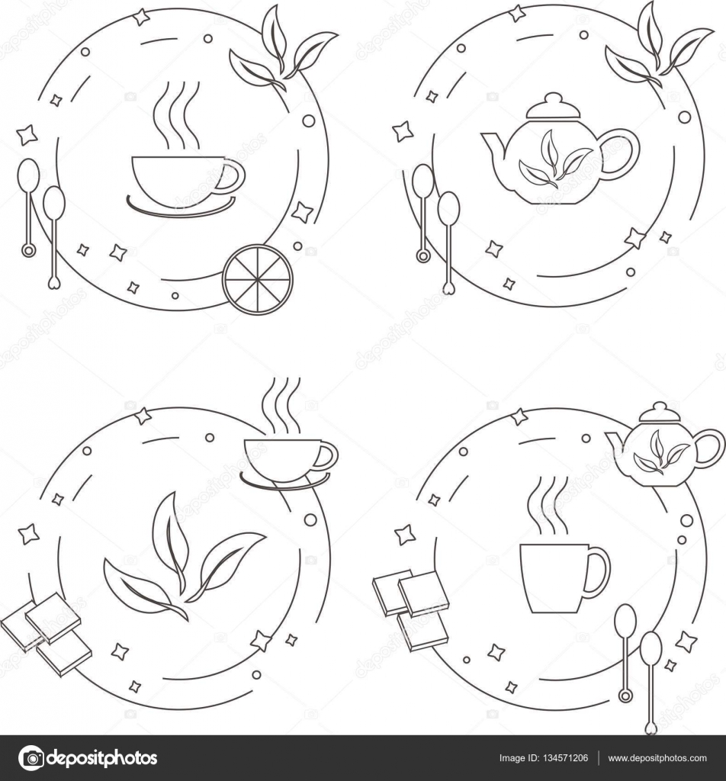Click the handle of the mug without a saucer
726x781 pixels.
[x=598, y=571]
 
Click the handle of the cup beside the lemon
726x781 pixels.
[x=230, y=178]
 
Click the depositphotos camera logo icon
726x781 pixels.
[x=31, y=758]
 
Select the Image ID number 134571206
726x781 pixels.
[x=544, y=758]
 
